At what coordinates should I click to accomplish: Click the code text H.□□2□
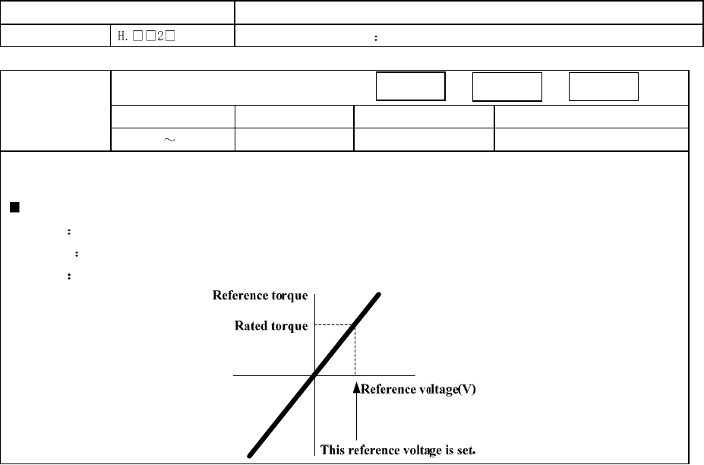[143, 36]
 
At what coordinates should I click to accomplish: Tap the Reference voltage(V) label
[418, 390]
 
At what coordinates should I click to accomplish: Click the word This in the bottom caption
[333, 450]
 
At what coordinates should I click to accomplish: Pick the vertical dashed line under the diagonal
[355, 350]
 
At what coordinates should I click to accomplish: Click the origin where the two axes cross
[314, 375]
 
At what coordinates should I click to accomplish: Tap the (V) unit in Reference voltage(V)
[466, 390]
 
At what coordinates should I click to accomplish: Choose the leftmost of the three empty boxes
[410, 87]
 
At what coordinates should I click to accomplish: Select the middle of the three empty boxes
[507, 87]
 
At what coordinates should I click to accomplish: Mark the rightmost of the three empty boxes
[605, 87]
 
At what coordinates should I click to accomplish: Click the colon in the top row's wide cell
[376, 36]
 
